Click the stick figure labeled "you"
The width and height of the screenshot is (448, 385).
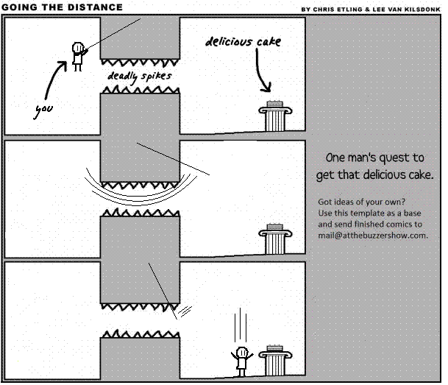click(78, 57)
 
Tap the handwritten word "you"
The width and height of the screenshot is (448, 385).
click(44, 110)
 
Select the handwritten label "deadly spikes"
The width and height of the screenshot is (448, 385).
click(140, 77)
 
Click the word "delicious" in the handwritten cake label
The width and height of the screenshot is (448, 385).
click(229, 42)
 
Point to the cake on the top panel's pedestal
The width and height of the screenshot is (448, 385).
click(274, 104)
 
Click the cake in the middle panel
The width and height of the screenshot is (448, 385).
click(274, 227)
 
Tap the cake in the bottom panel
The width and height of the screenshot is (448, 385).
click(274, 348)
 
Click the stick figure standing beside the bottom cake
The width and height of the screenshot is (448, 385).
click(242, 361)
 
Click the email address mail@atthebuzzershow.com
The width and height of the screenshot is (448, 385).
click(373, 236)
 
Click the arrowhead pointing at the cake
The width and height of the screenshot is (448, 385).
click(266, 87)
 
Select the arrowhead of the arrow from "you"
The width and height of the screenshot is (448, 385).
click(63, 66)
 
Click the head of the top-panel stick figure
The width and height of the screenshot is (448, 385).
click(78, 47)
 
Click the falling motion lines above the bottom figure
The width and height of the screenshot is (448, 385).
click(241, 325)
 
